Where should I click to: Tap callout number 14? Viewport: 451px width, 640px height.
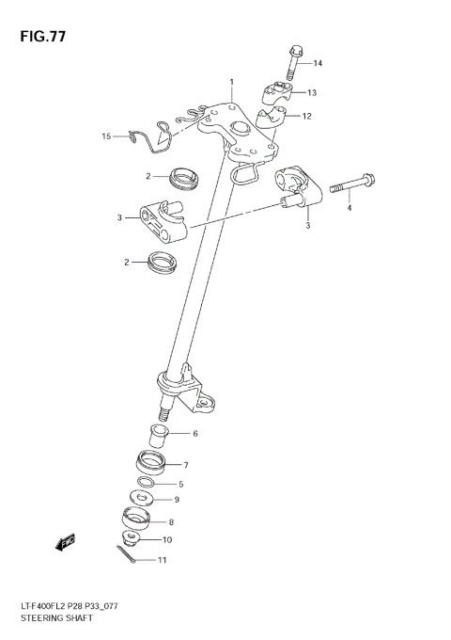click(x=318, y=63)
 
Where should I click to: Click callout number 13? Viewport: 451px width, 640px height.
click(x=312, y=92)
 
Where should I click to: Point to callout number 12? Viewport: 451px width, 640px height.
click(x=307, y=116)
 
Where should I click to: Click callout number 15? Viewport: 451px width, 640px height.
click(x=107, y=136)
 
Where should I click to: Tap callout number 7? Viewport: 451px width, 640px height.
click(x=186, y=465)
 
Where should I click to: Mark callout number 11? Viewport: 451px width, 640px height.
click(x=162, y=561)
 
